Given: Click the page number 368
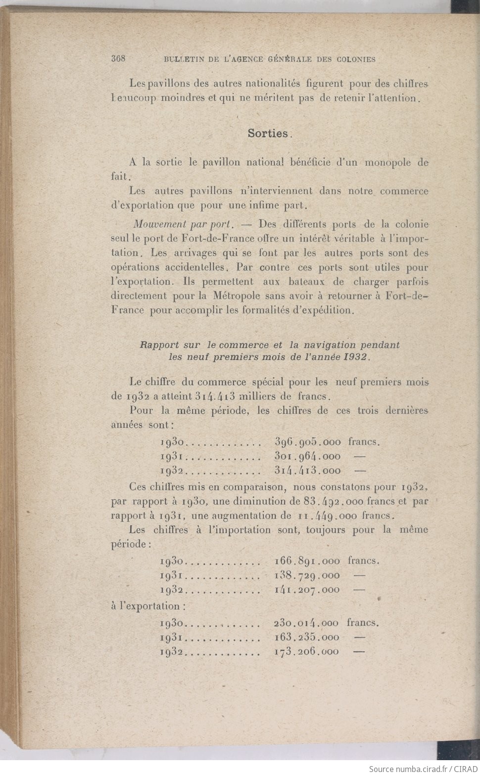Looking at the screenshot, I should [119, 58].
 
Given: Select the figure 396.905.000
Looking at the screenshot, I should [307, 442].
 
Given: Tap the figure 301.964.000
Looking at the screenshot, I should [307, 456].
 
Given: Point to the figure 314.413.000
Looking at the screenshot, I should [307, 471].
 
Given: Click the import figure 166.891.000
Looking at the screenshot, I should [307, 561].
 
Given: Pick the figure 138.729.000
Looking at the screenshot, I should [307, 575].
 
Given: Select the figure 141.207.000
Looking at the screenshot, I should [307, 589].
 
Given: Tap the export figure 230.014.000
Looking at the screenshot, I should [306, 623].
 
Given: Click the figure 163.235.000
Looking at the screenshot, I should [306, 637].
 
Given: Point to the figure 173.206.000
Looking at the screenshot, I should [306, 652].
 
